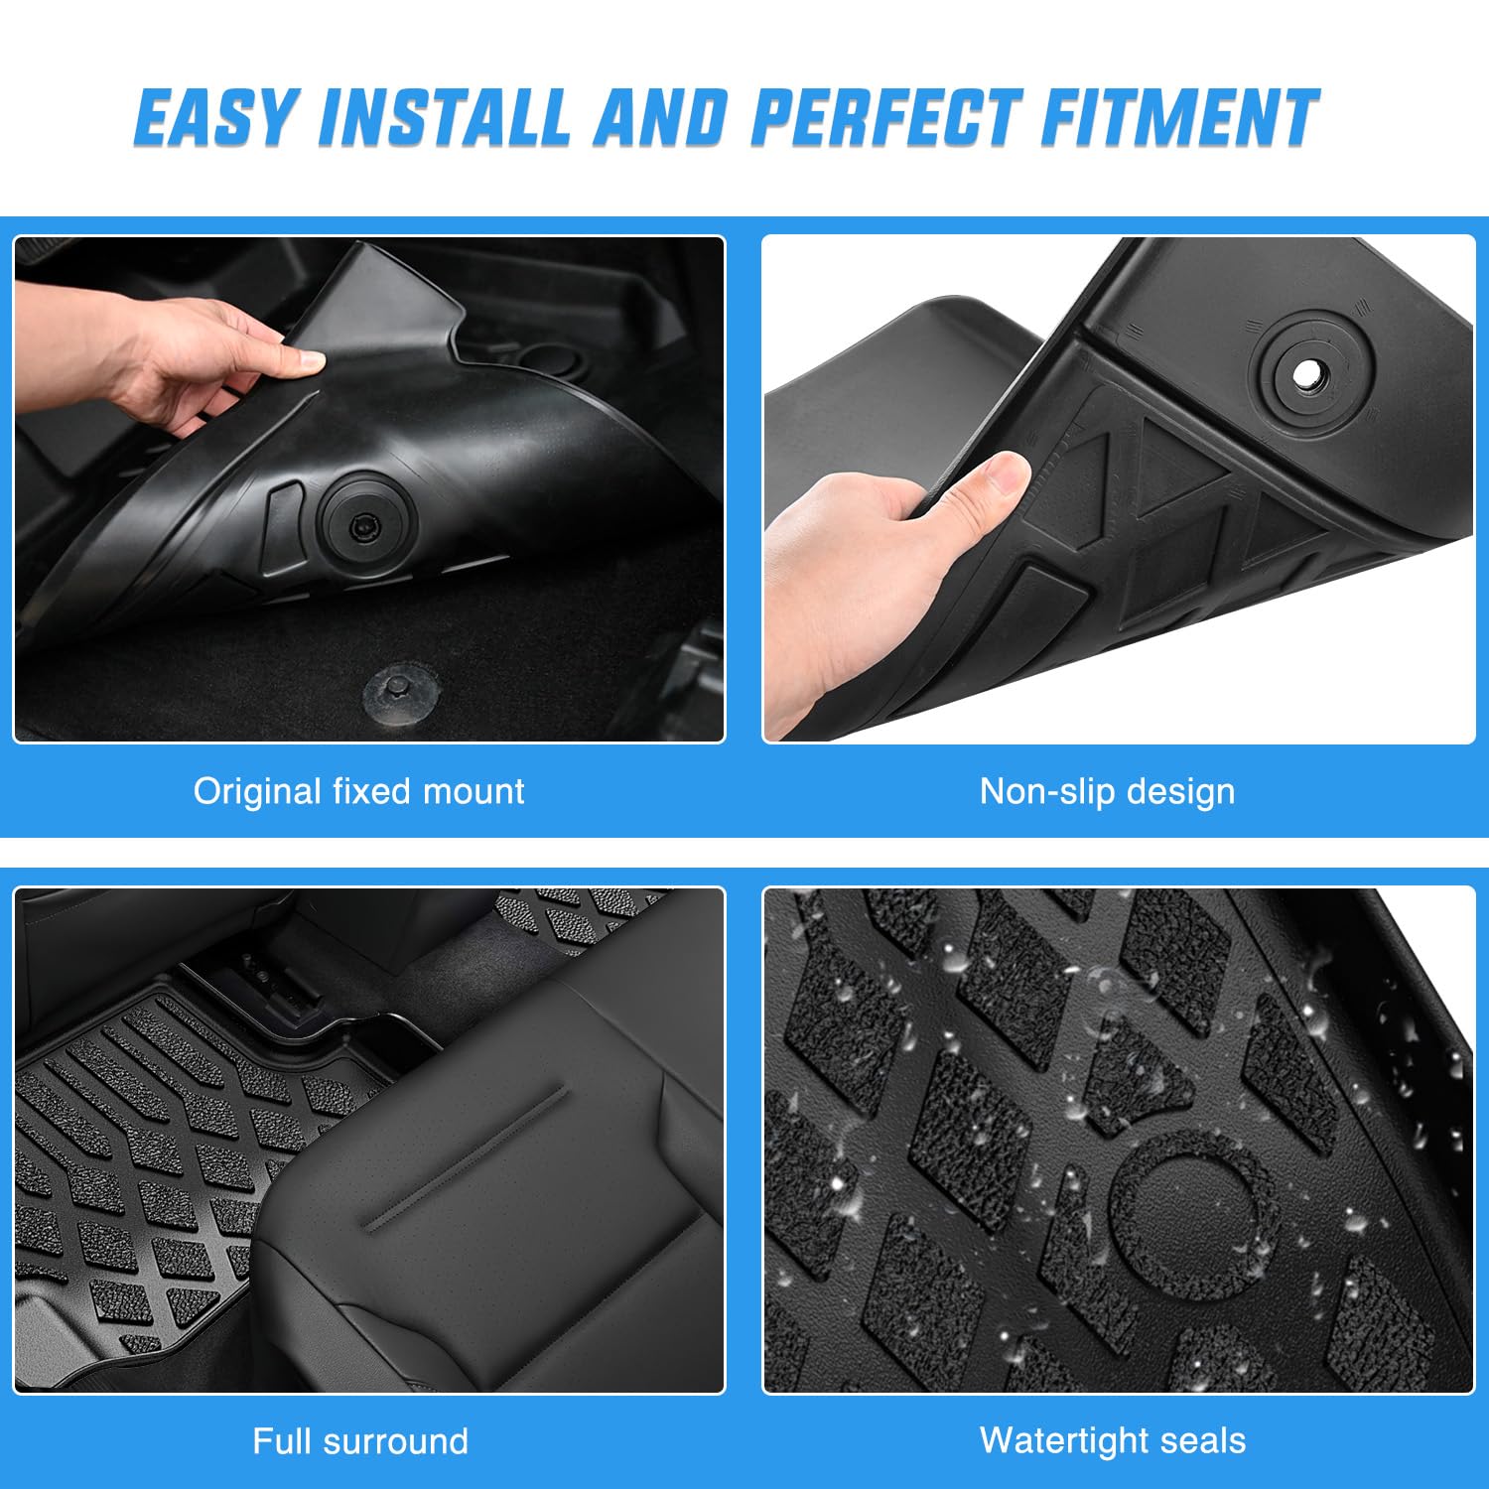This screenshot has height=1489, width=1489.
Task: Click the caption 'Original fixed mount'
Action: [358, 791]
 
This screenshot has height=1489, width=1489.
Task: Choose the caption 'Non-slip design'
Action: [1107, 791]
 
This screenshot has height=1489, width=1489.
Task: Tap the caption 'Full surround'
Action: [359, 1440]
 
